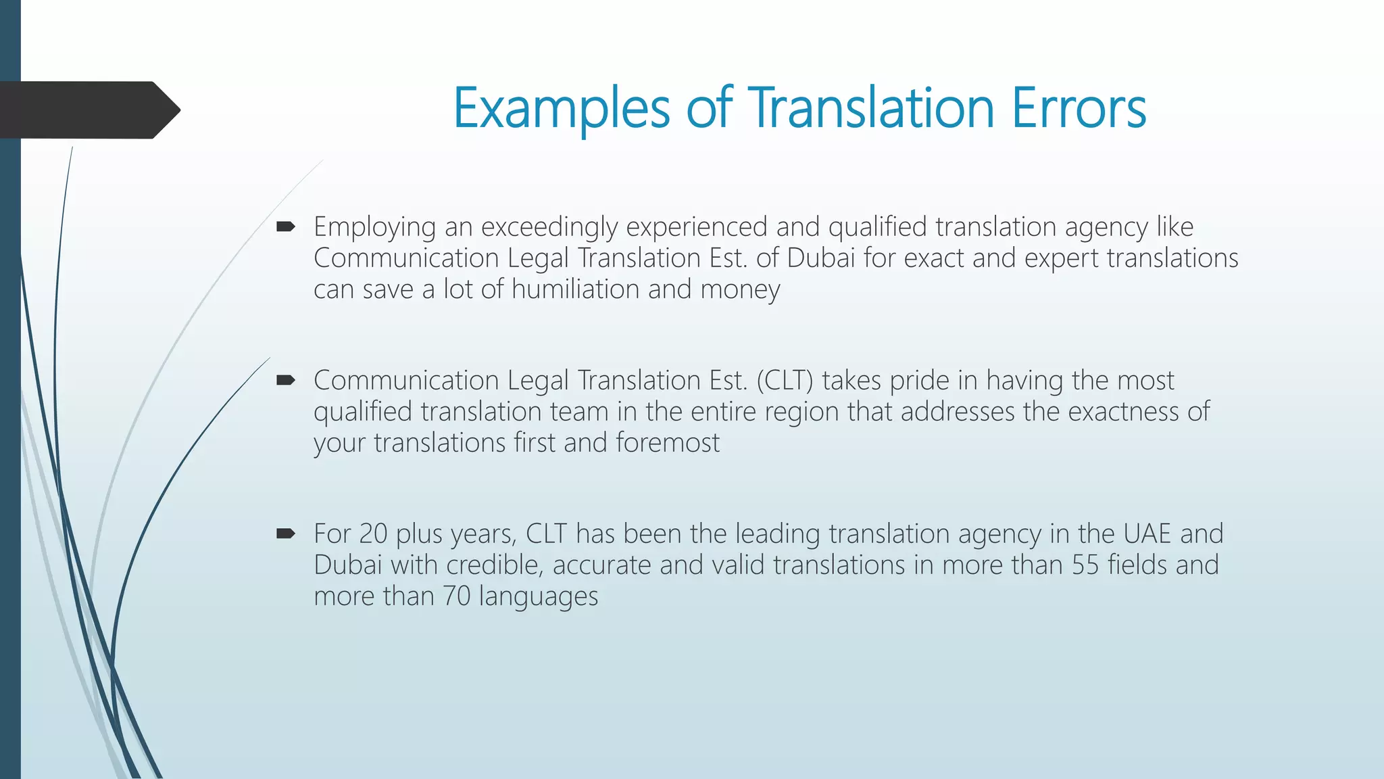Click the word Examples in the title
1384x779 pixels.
click(x=561, y=108)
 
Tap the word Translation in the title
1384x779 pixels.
click(x=872, y=108)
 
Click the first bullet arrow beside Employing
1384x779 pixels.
click(x=286, y=227)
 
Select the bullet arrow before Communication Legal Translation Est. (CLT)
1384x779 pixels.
click(x=286, y=381)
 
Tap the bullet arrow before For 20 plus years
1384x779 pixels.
click(x=286, y=534)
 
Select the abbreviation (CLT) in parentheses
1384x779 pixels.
click(x=785, y=381)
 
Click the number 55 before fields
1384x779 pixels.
click(x=1085, y=565)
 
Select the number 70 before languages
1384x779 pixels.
click(x=456, y=596)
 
